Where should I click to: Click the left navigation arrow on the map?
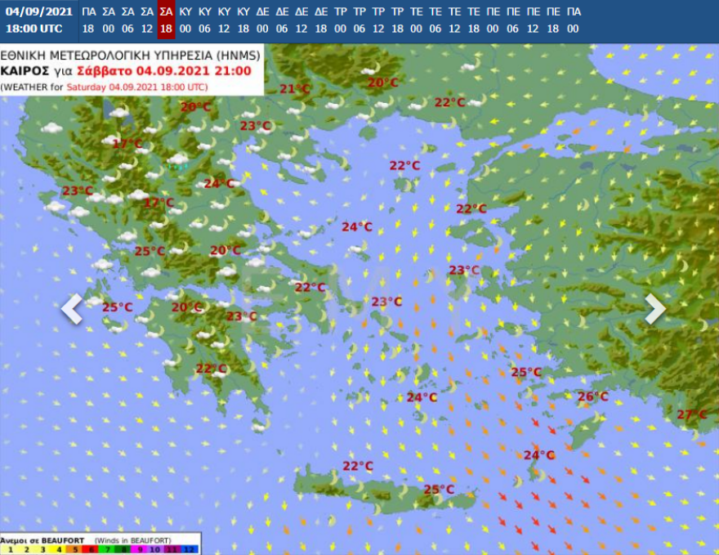tap(72, 309)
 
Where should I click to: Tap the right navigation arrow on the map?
tap(655, 309)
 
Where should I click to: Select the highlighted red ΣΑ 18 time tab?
tap(166, 20)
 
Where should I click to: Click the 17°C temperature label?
tap(127, 144)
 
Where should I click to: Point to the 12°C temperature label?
tap(159, 203)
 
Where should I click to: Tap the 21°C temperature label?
tap(295, 89)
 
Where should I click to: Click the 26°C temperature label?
tap(593, 396)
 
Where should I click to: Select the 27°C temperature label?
tap(692, 414)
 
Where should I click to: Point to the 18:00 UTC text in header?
tap(33, 28)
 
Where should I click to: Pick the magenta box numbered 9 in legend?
tap(141, 550)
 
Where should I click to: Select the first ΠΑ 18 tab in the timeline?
tap(89, 20)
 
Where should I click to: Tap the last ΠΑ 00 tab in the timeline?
tap(574, 20)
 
